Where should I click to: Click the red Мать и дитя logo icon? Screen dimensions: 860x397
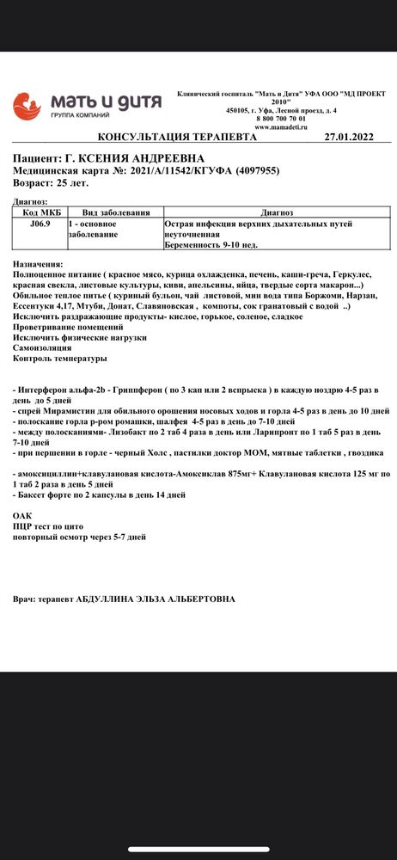[x=27, y=106]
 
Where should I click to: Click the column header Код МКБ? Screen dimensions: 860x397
[x=40, y=212]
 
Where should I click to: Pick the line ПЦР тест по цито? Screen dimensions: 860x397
[x=48, y=526]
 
